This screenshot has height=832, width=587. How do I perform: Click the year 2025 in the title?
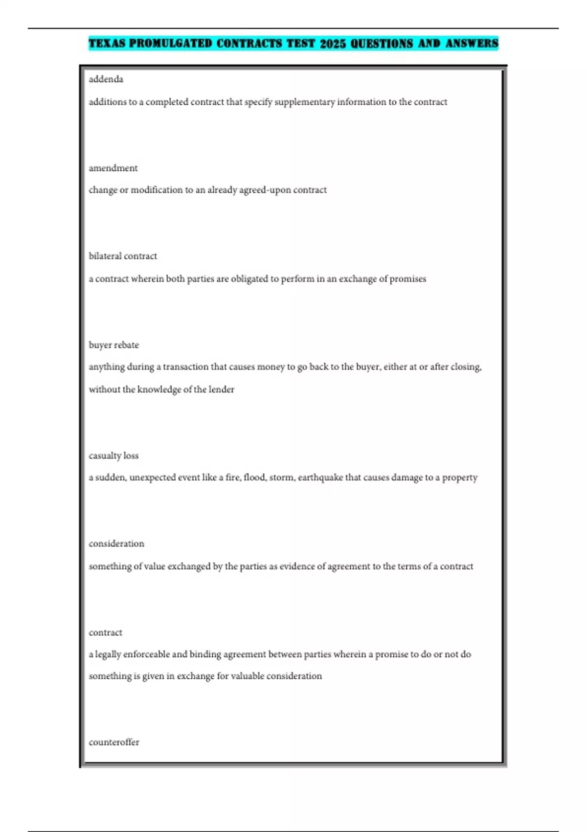click(333, 44)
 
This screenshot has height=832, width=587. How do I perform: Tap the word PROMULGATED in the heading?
click(170, 44)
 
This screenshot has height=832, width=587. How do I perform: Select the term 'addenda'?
click(106, 79)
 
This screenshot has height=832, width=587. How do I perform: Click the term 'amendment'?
click(113, 168)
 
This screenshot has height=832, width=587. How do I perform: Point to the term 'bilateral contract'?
click(123, 256)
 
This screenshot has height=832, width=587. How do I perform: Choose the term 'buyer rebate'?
click(113, 345)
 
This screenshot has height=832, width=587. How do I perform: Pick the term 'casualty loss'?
click(113, 456)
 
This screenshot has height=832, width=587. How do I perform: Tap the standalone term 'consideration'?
click(116, 544)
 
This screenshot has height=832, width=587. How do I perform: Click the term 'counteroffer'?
click(114, 742)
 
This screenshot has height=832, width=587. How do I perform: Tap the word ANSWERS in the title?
click(472, 44)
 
